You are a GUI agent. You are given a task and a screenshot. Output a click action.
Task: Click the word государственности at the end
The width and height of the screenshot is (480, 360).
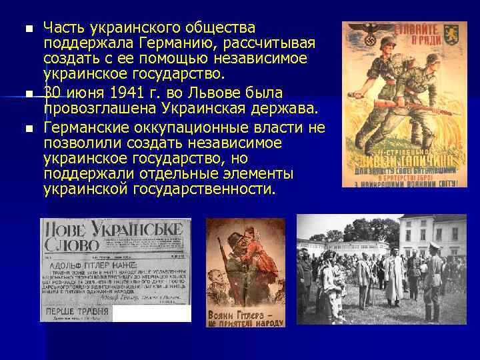pyautogui.click(x=206, y=189)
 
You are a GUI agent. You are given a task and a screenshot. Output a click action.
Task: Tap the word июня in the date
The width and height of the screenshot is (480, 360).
pyautogui.click(x=85, y=92)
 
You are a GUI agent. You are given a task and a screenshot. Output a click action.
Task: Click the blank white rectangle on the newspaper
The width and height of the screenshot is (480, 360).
pyautogui.click(x=151, y=314)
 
